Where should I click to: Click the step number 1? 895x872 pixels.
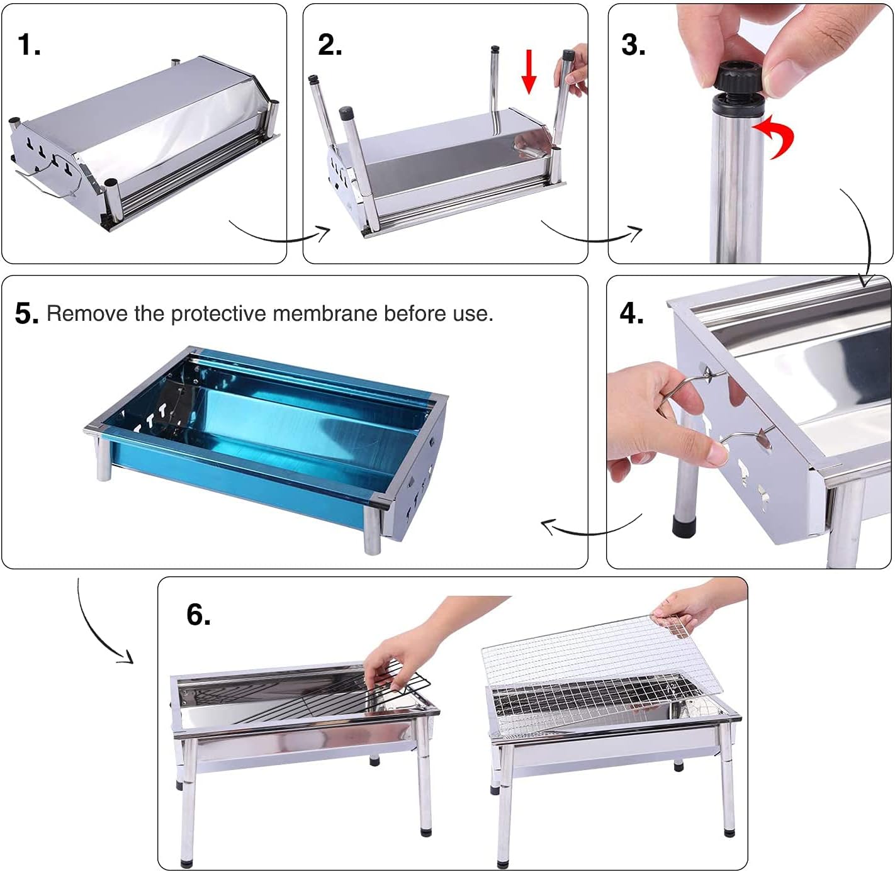(x=28, y=45)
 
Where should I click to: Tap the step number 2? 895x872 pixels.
(x=330, y=45)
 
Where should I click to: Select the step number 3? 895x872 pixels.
(x=633, y=45)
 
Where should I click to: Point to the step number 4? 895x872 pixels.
(x=631, y=313)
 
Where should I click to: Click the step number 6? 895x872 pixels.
(x=198, y=615)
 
